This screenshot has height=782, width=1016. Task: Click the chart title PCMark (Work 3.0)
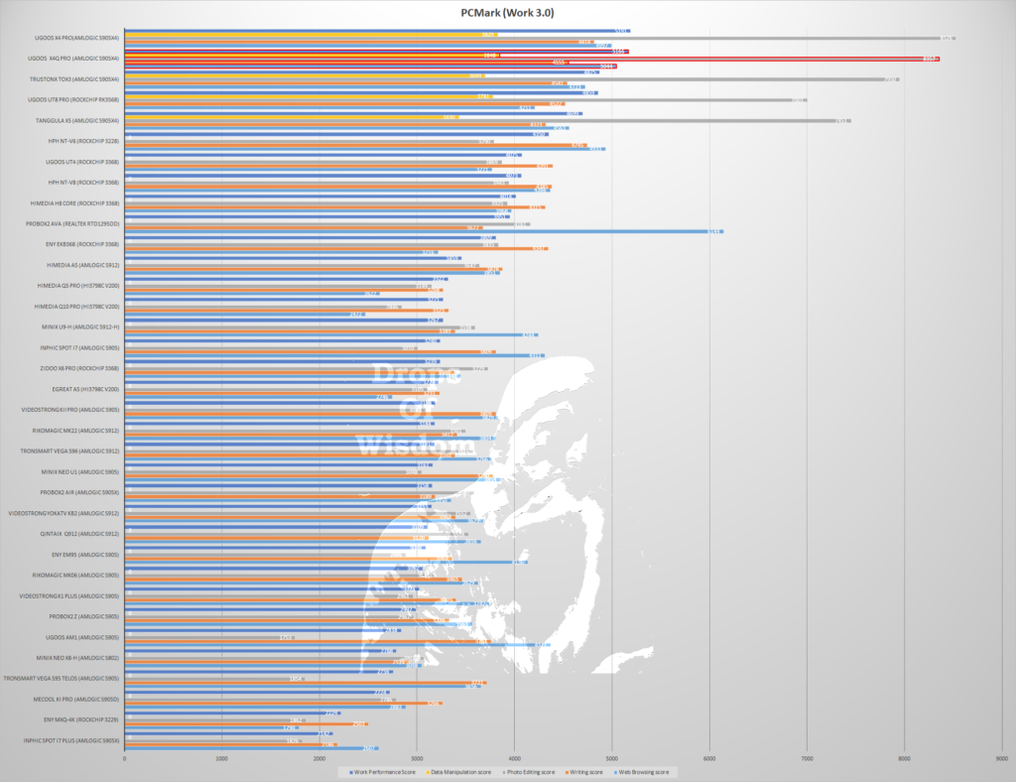click(x=507, y=13)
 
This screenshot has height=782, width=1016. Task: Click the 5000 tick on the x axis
click(x=611, y=759)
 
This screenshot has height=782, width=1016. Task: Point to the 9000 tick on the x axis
click(x=1000, y=759)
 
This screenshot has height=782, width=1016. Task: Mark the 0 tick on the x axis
click(x=125, y=759)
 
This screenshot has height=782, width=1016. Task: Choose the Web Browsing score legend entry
click(x=645, y=771)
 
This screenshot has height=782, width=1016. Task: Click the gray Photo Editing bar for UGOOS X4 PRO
click(x=536, y=39)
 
